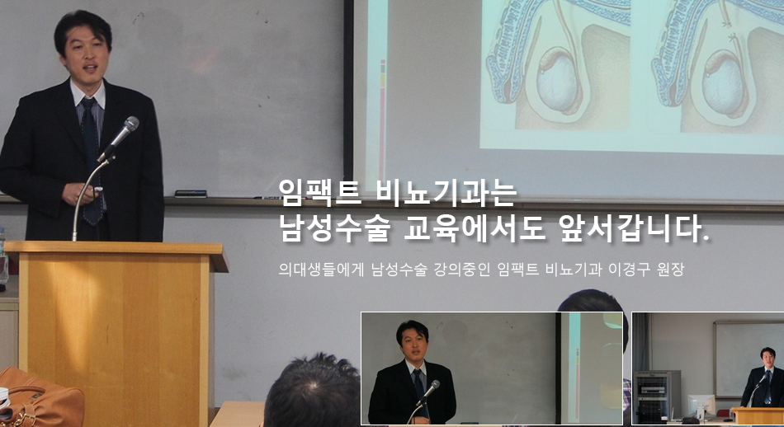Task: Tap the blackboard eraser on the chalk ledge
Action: pos(191,194)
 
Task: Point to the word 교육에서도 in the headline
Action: pos(475,228)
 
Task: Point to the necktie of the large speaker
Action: pos(92,161)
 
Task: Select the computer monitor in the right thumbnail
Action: pos(701,406)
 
